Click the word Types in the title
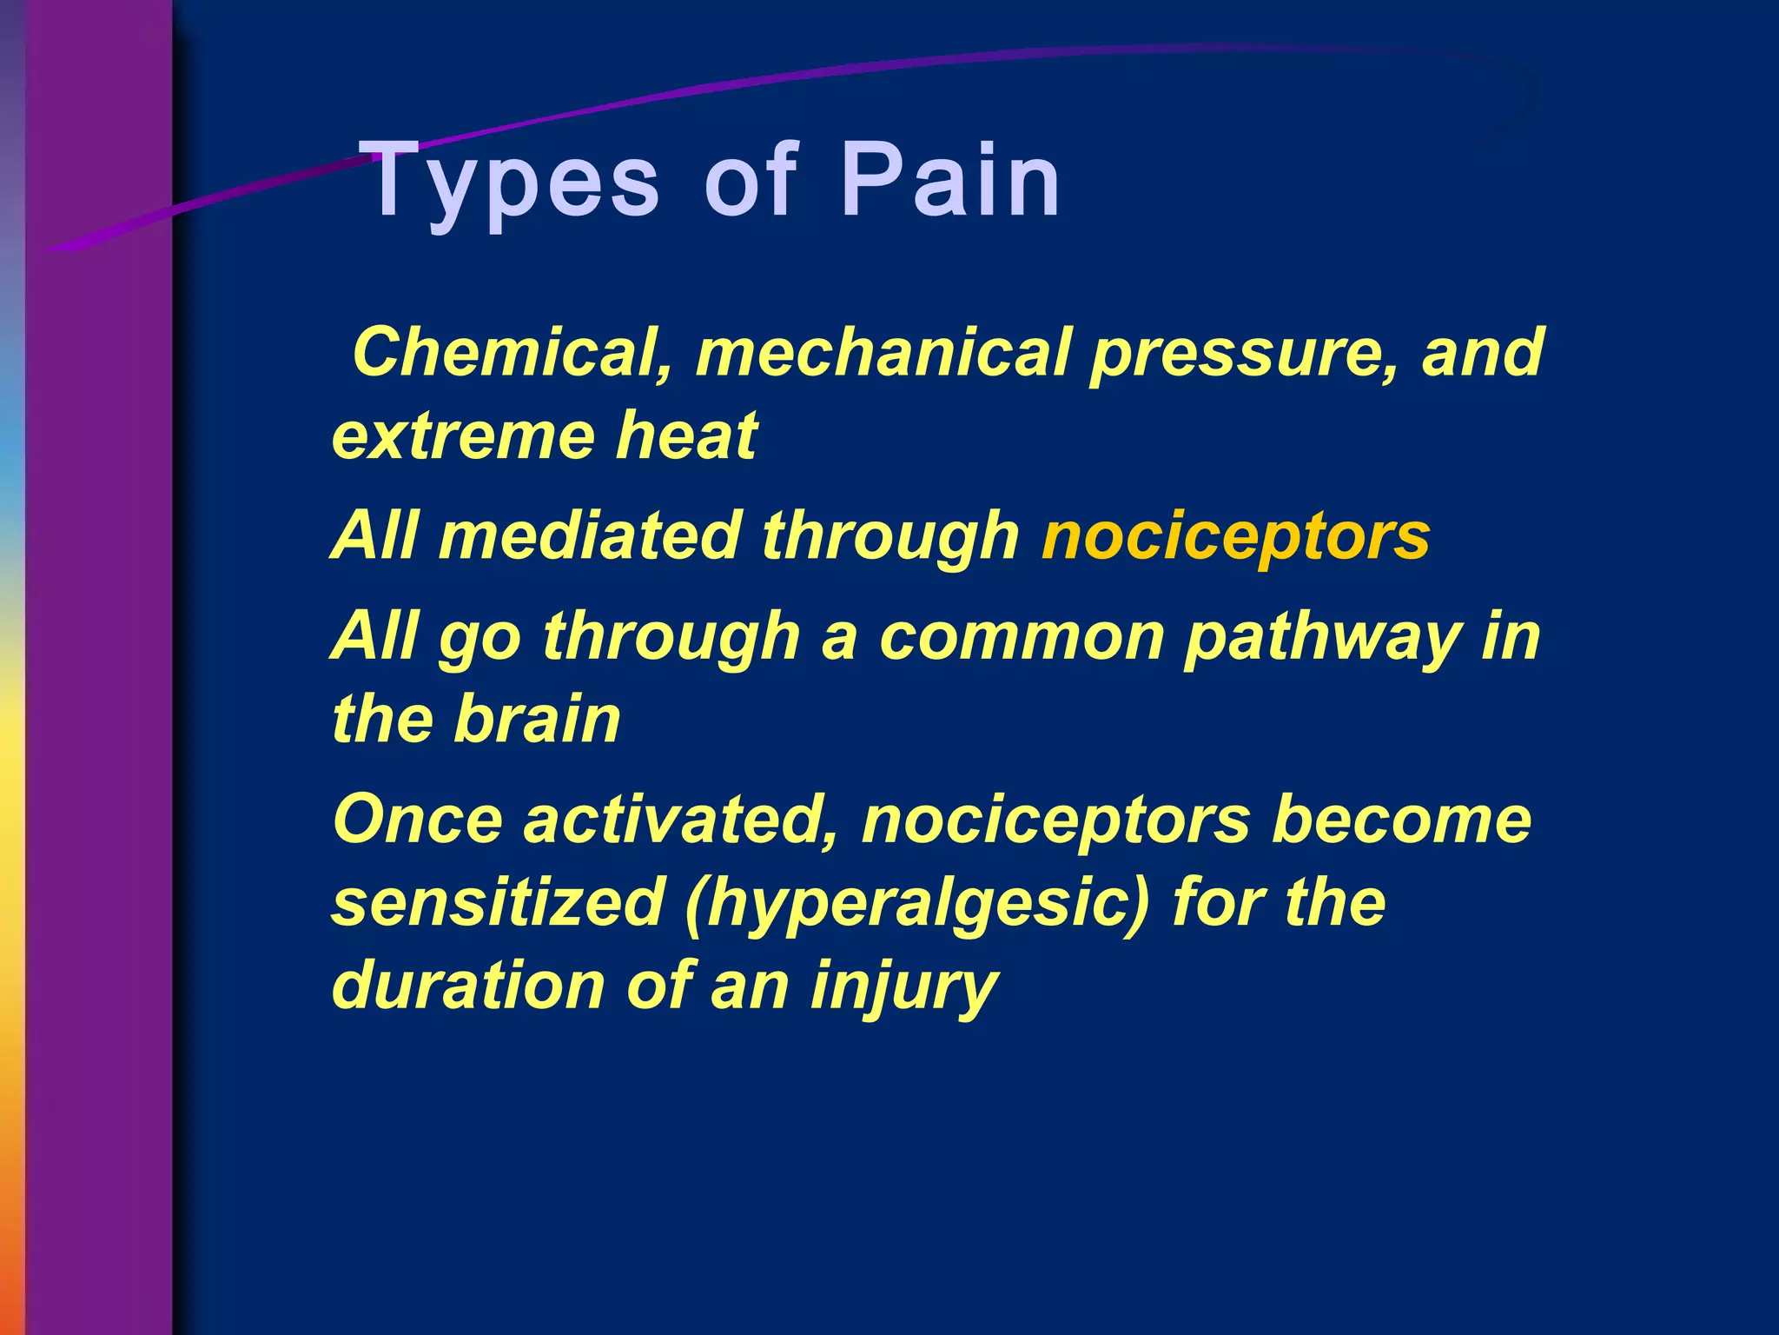[x=513, y=183]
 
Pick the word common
[x=1021, y=637]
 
